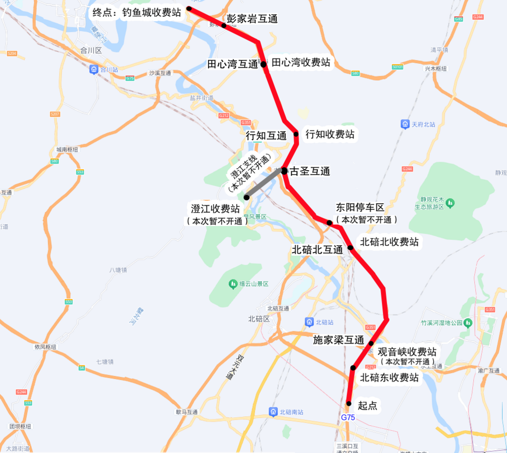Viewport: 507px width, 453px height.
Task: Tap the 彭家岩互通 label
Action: tap(252, 19)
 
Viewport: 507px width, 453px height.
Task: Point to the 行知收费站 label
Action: tap(330, 134)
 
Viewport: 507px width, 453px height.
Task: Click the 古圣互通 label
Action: tap(310, 172)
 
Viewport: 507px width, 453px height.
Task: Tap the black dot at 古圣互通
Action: tap(285, 171)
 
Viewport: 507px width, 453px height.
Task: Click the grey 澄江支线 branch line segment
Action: tap(265, 184)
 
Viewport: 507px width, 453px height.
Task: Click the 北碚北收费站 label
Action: tap(389, 242)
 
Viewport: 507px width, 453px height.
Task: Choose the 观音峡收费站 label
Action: tap(407, 352)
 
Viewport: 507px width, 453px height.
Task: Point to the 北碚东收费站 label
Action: tap(389, 378)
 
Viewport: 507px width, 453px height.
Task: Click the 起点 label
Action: tap(367, 406)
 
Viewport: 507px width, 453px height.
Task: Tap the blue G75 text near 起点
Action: tap(348, 417)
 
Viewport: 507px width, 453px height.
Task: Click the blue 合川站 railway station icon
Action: tap(94, 70)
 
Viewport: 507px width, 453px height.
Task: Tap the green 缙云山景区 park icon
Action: tap(233, 284)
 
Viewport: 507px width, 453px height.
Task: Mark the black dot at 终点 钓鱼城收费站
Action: tap(189, 9)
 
